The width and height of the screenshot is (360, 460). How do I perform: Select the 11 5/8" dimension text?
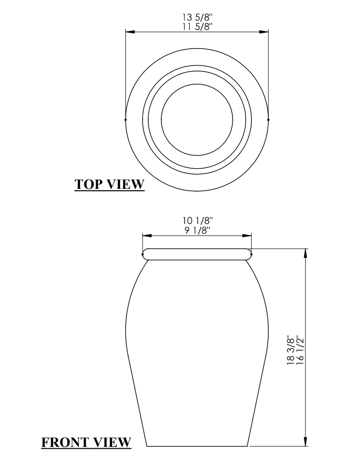coord(197,27)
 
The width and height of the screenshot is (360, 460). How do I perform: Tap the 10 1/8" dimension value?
coord(197,220)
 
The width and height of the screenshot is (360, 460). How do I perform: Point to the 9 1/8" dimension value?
coord(198,230)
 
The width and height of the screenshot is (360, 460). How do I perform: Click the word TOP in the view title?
coord(88,184)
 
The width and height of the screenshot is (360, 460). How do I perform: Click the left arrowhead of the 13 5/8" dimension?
coord(130,32)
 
